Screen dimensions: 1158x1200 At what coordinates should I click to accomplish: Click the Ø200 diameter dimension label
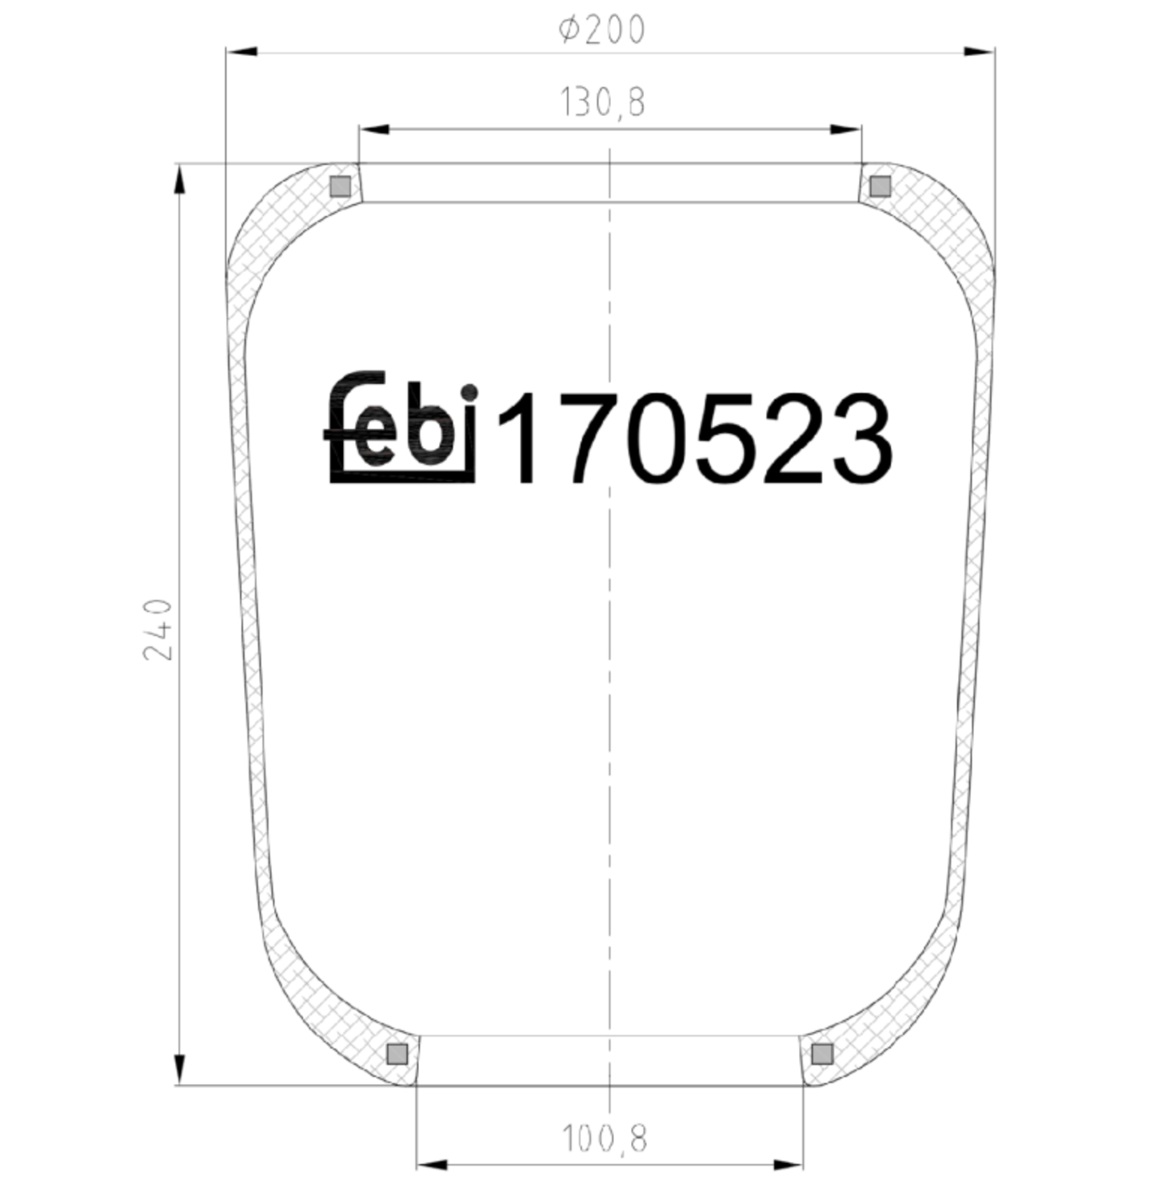pyautogui.click(x=602, y=30)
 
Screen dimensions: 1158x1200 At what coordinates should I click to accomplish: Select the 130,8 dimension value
pyautogui.click(x=602, y=102)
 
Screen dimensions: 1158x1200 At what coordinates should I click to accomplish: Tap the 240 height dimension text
pyautogui.click(x=158, y=629)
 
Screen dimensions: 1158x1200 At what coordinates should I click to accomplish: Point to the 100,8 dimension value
pyautogui.click(x=605, y=1138)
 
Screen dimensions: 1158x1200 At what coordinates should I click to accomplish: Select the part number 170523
pyautogui.click(x=694, y=438)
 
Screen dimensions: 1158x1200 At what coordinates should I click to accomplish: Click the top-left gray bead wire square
pyautogui.click(x=341, y=186)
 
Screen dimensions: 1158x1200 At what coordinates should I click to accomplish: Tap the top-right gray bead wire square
pyautogui.click(x=880, y=186)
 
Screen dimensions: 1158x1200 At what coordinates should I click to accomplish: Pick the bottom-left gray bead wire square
pyautogui.click(x=397, y=1054)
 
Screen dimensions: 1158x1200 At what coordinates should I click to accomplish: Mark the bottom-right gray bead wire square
pyautogui.click(x=822, y=1054)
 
